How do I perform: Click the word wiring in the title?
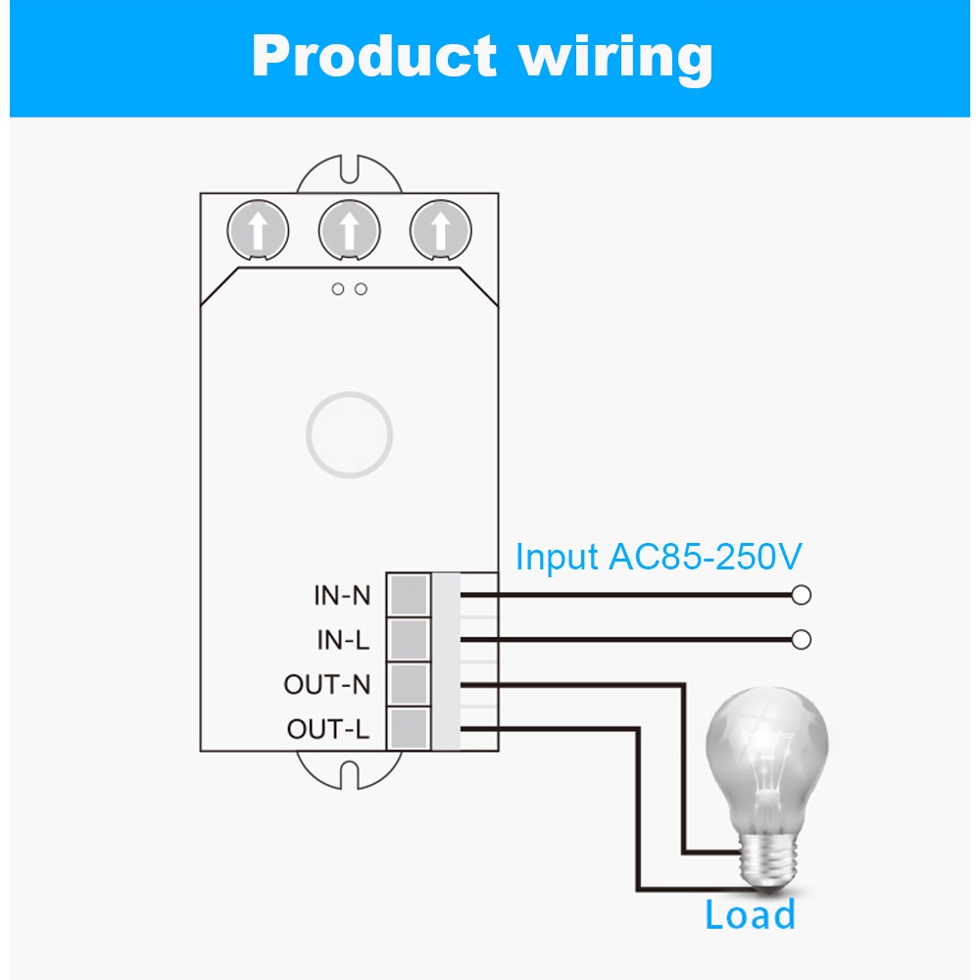point(614,56)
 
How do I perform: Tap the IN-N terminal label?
point(342,595)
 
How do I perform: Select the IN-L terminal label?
point(343,640)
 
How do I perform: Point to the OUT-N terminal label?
point(327,684)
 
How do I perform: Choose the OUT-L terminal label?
point(328,729)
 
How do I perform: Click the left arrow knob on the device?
point(258,231)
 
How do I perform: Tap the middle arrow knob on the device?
point(349,231)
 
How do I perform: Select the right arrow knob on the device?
point(440,231)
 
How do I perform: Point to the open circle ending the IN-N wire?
point(802,595)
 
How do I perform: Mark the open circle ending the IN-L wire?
point(802,640)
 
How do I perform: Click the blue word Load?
point(750,915)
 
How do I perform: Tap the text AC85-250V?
point(706,557)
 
